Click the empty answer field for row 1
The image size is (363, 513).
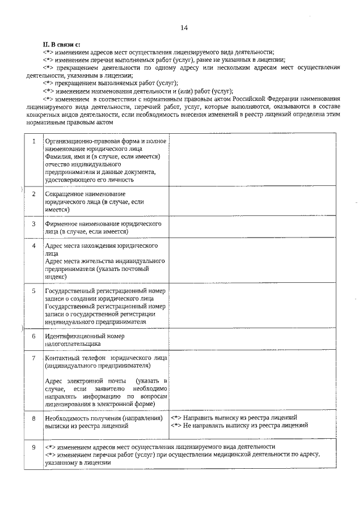252,159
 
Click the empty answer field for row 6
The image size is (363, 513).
252,340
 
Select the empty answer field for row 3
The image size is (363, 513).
252,227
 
